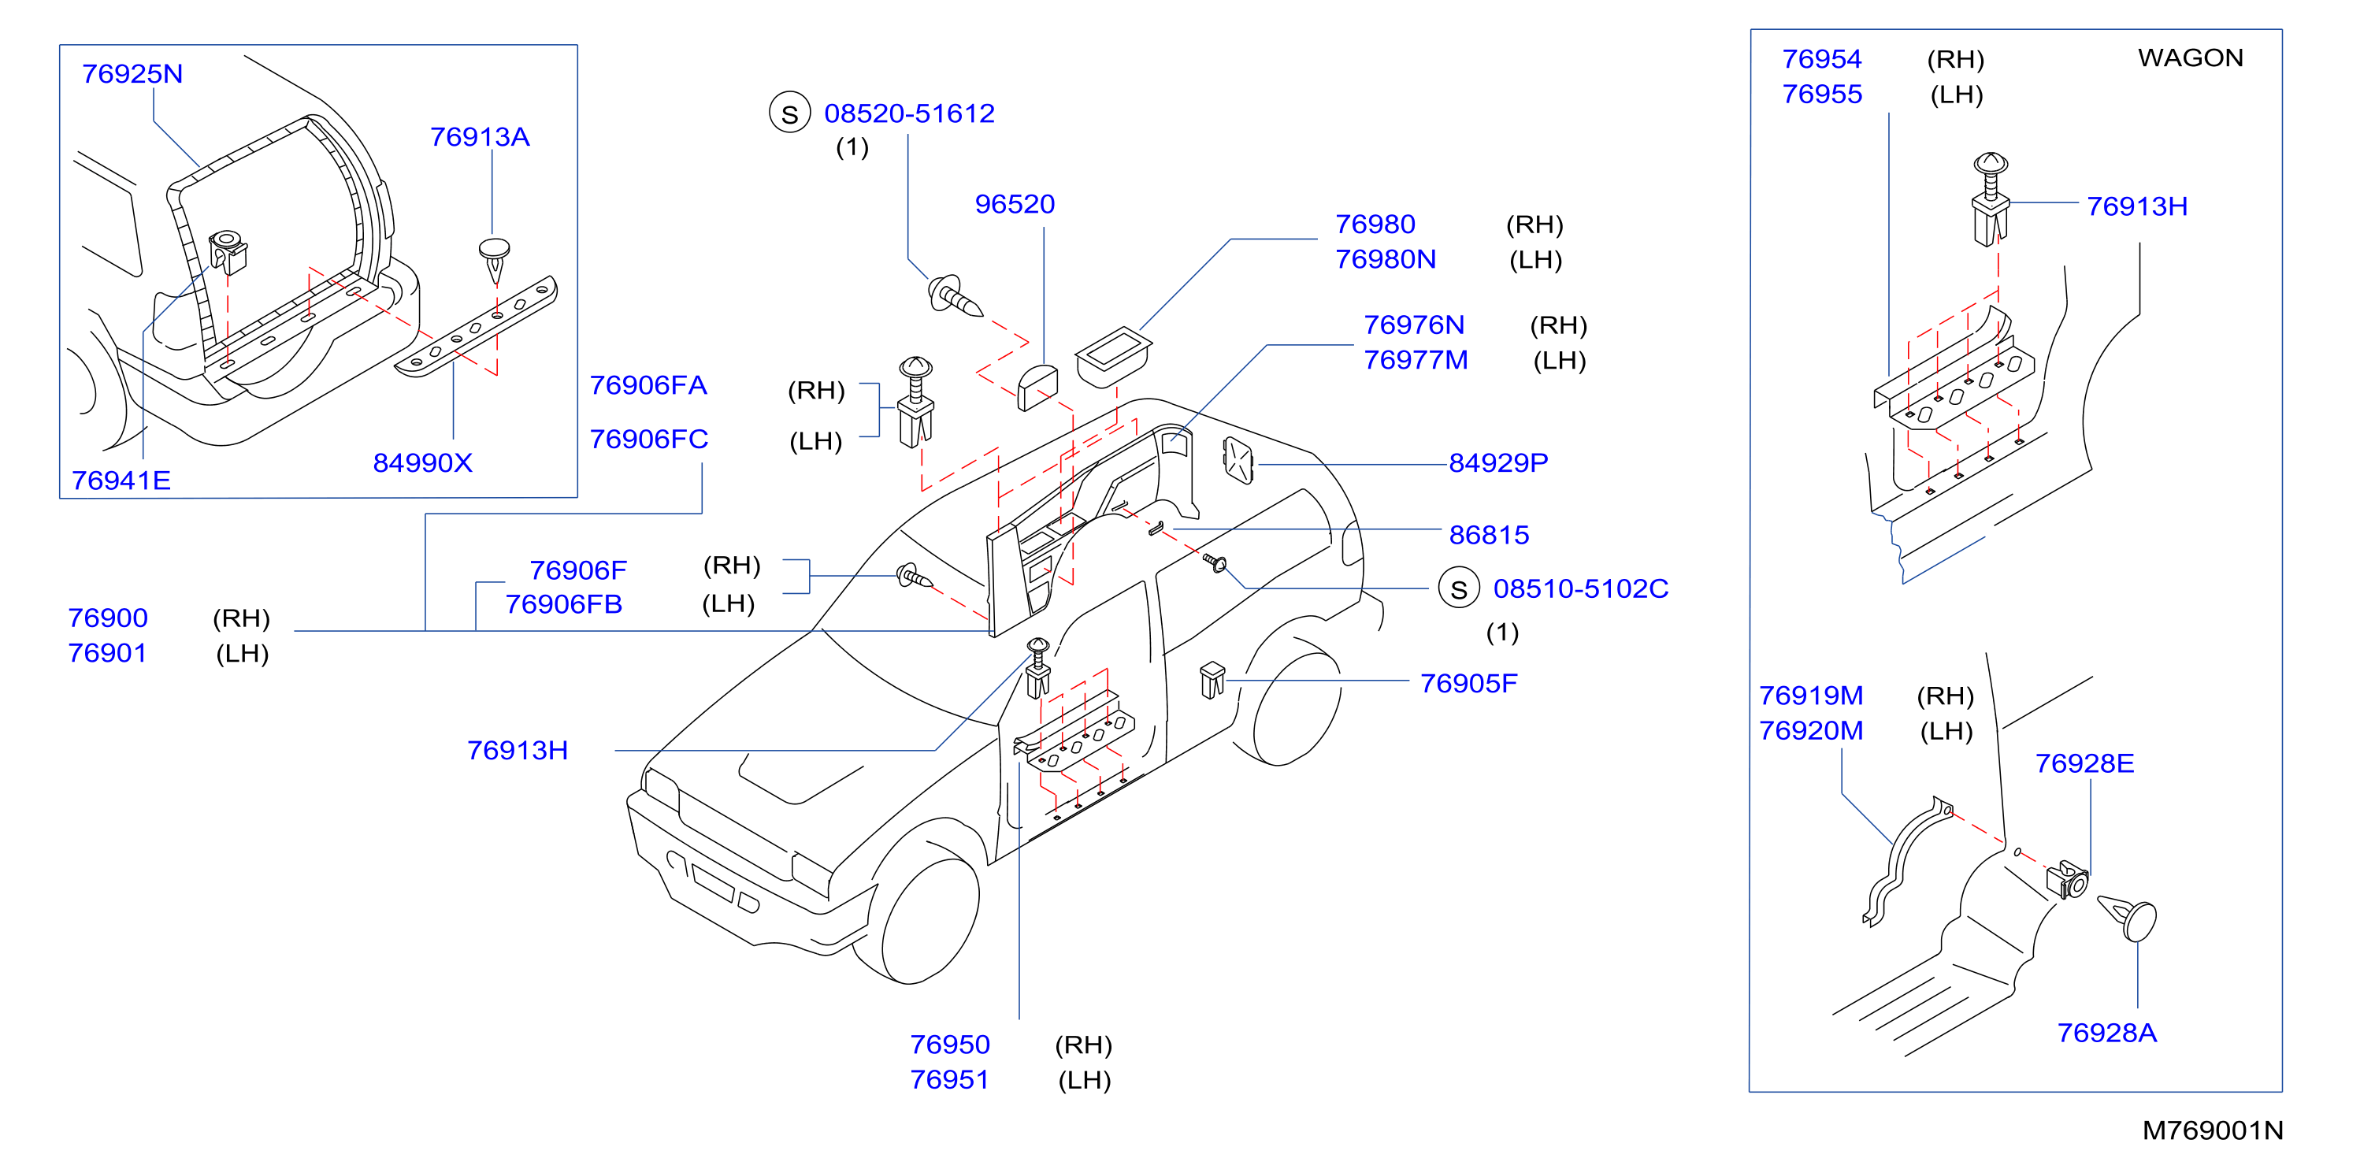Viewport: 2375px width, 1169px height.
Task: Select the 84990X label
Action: [422, 463]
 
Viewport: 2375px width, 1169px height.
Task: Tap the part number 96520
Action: [1014, 204]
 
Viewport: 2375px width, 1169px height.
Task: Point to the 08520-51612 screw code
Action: [909, 113]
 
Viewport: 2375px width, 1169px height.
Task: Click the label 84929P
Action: [1498, 463]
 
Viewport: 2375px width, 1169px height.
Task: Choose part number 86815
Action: [1489, 535]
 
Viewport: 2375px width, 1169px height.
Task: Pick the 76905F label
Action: [1468, 683]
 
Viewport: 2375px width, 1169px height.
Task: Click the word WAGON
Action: [2191, 58]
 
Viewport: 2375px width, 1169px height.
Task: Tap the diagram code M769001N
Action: [2213, 1130]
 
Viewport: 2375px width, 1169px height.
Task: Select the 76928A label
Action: [2106, 1033]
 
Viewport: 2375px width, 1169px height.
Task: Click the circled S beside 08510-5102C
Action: [1459, 589]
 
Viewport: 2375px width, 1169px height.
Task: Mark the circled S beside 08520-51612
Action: [790, 113]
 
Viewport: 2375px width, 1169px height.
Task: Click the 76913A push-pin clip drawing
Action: [495, 260]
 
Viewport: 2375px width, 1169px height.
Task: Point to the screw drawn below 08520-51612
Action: [954, 297]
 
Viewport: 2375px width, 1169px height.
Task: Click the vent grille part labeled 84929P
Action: [1238, 460]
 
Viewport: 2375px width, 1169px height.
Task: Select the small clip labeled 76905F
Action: [1212, 681]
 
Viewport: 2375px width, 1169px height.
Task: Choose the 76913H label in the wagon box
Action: [2136, 206]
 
